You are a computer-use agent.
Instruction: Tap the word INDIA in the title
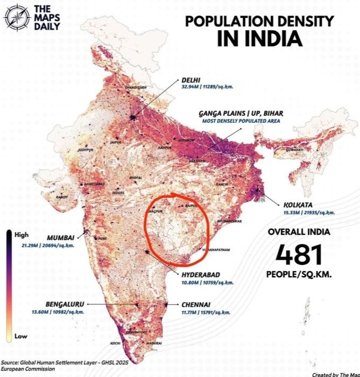(259, 39)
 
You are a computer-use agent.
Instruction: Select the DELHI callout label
(192, 79)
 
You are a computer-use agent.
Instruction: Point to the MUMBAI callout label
(61, 238)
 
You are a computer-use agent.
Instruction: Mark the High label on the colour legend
(22, 235)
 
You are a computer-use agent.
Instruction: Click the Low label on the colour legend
(20, 336)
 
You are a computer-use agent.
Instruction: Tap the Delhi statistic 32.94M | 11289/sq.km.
(206, 86)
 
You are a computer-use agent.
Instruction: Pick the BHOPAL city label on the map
(136, 177)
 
